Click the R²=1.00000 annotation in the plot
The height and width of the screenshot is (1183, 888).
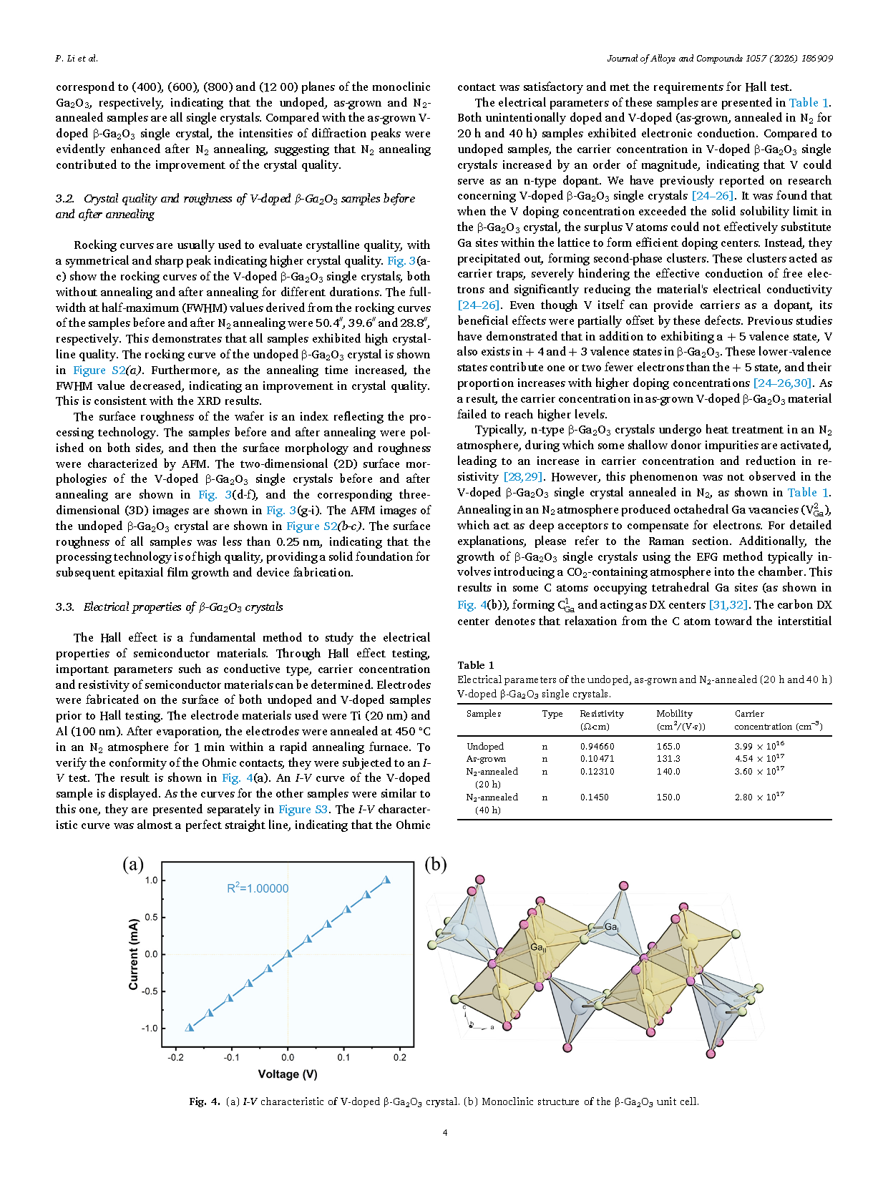click(x=258, y=888)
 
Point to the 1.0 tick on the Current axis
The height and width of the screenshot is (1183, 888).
click(x=151, y=880)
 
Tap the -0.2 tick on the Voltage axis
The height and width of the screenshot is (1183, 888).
click(x=175, y=1057)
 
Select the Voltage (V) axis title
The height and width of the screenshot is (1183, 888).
click(x=288, y=1074)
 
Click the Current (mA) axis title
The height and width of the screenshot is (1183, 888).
click(x=134, y=954)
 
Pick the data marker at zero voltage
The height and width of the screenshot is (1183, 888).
click(x=288, y=953)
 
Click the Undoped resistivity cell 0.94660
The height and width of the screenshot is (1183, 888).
click(x=597, y=747)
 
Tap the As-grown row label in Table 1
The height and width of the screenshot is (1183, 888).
click(x=486, y=759)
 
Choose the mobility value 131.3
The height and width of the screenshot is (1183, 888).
click(x=668, y=759)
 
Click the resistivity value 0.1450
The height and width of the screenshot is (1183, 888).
click(x=594, y=797)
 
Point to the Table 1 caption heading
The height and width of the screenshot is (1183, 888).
click(x=476, y=665)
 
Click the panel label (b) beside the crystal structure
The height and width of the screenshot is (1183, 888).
click(x=436, y=865)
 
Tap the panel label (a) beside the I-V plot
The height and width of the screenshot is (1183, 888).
click(x=133, y=865)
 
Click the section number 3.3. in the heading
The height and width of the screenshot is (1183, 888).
click(x=65, y=607)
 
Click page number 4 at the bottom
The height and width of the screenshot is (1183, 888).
click(x=445, y=1132)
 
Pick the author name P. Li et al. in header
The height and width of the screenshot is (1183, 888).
click(x=77, y=59)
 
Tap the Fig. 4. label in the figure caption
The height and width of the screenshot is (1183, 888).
click(x=205, y=1102)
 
